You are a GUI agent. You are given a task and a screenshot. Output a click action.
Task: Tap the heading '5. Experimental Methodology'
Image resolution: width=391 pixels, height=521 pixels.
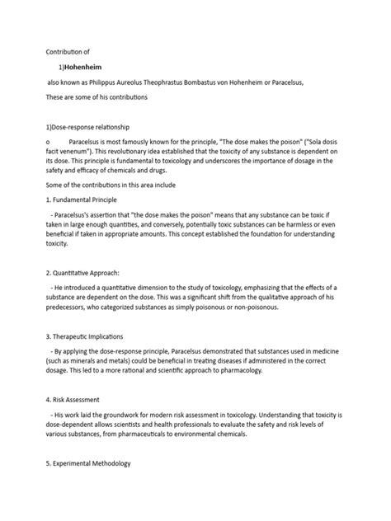click(100, 465)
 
